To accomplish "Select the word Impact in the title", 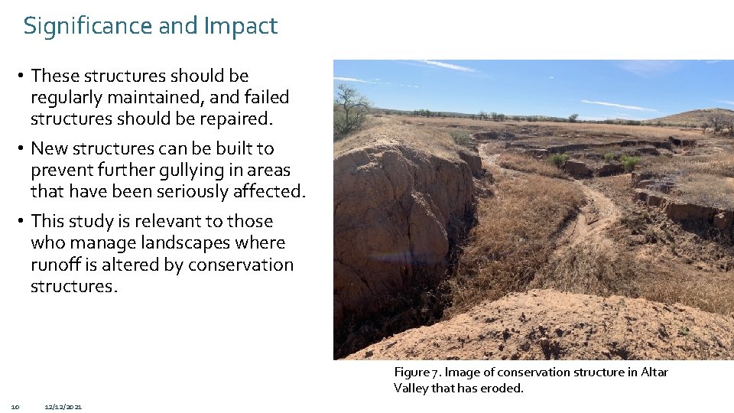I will (240, 26).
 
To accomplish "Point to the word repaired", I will (234, 119).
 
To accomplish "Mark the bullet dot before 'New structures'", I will (23, 148).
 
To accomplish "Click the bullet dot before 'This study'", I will (23, 221).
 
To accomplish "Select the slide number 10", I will (15, 406).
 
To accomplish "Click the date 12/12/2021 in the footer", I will (63, 406).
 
